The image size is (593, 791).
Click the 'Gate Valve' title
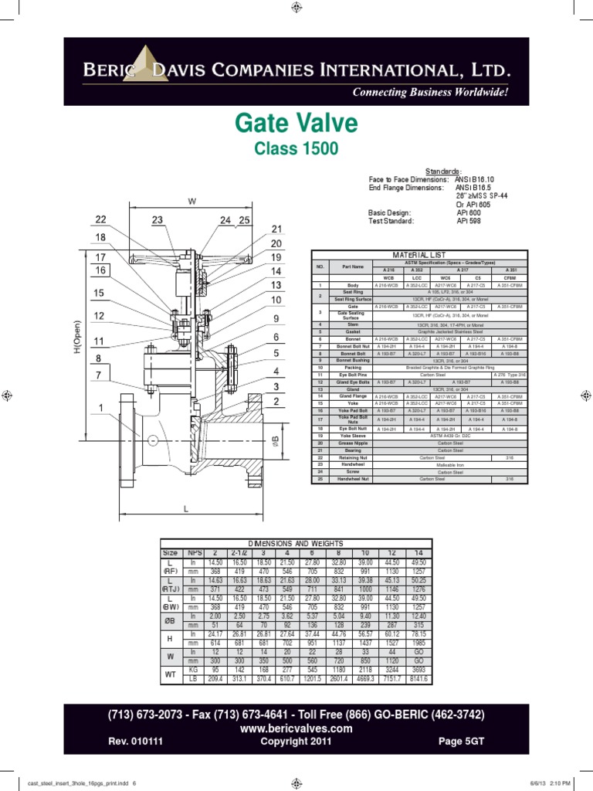pos(296,124)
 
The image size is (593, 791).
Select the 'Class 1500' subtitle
pos(296,148)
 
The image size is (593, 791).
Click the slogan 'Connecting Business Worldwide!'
pos(430,93)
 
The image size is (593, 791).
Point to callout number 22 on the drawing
pos(100,220)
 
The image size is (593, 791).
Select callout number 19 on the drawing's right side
pos(276,257)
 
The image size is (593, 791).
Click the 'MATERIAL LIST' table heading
pos(419,254)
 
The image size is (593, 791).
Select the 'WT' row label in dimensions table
pos(169,673)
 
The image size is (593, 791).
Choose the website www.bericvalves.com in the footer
pos(296,728)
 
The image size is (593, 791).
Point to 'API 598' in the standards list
pos(467,220)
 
